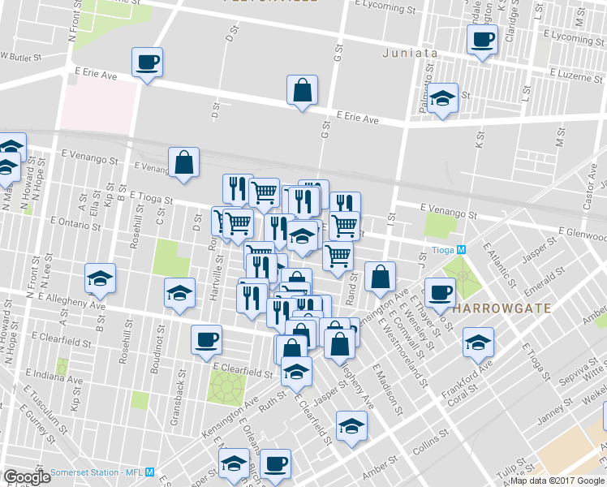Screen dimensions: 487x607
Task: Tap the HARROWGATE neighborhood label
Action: [502, 309]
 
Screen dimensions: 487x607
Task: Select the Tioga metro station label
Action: [448, 249]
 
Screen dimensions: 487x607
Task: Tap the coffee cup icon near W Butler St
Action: [147, 62]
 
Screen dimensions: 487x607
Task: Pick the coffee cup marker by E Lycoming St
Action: [481, 39]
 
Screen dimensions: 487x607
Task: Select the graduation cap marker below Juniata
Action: [441, 99]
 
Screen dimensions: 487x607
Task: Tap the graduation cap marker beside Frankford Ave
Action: [478, 343]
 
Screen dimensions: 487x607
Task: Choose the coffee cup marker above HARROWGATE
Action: [440, 293]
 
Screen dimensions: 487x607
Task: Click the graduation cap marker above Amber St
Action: [351, 425]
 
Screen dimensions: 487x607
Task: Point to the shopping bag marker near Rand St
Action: [380, 277]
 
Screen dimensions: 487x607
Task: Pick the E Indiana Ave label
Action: [54, 375]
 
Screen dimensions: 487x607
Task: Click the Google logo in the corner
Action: [28, 477]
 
